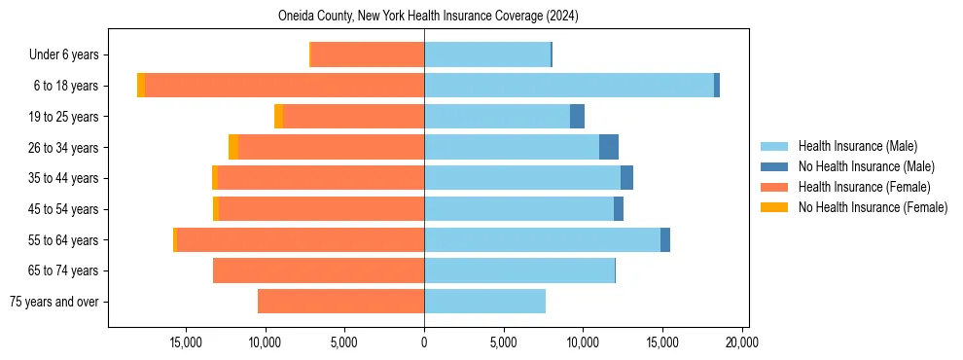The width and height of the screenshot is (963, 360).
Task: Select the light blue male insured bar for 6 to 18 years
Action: point(569,86)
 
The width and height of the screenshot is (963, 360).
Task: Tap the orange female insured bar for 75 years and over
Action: point(340,302)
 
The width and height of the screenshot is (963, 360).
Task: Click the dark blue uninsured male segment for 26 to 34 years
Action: point(609,147)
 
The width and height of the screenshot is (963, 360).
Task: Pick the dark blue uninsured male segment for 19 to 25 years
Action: point(577,117)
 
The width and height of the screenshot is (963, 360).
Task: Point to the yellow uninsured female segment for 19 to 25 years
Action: point(279,117)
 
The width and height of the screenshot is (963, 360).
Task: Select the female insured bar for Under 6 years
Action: point(368,54)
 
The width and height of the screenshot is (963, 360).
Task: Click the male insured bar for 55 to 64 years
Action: point(542,239)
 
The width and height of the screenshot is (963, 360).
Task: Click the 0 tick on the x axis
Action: point(424,342)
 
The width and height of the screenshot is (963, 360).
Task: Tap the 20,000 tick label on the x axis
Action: point(741,342)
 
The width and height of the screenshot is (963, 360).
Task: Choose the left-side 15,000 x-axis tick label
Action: point(186,342)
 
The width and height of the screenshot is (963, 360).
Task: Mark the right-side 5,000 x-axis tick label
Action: point(503,342)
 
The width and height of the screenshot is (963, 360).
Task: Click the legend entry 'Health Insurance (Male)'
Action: point(857,146)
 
